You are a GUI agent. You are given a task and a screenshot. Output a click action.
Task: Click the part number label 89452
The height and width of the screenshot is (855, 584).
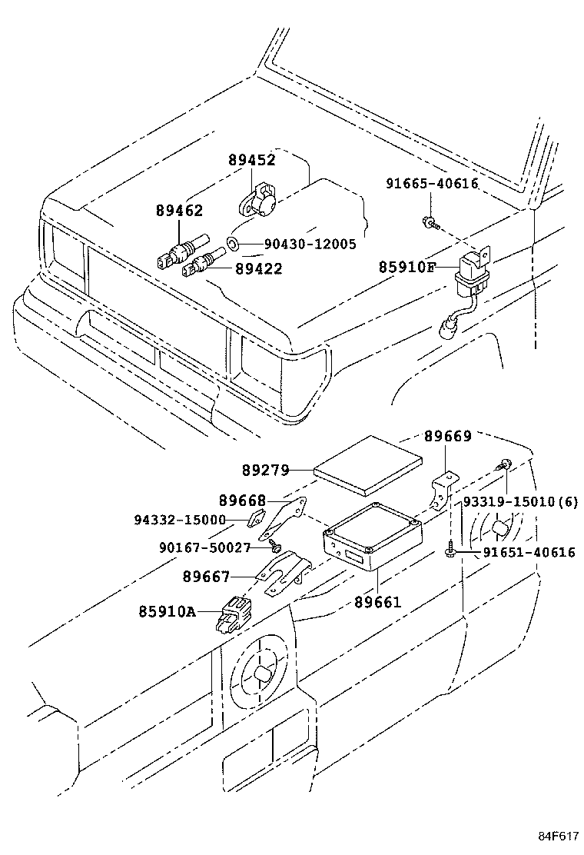pyautogui.click(x=251, y=161)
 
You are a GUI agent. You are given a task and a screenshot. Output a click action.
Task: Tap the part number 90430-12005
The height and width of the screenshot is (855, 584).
pyautogui.click(x=310, y=245)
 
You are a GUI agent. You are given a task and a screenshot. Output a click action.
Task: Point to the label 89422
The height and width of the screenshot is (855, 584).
pyautogui.click(x=258, y=268)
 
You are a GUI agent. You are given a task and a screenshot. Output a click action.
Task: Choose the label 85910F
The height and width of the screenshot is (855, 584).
pyautogui.click(x=407, y=267)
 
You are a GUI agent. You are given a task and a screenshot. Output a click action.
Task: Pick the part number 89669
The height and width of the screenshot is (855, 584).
pyautogui.click(x=448, y=436)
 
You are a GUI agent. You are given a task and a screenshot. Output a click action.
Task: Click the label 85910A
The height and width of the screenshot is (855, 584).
pyautogui.click(x=168, y=612)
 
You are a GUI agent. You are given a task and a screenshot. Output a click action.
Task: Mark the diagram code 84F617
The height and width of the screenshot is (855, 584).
pyautogui.click(x=558, y=837)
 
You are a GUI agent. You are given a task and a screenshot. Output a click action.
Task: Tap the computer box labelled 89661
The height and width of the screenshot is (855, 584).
pyautogui.click(x=373, y=536)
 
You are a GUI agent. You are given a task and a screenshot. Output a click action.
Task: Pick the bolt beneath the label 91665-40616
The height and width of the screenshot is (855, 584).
pyautogui.click(x=431, y=223)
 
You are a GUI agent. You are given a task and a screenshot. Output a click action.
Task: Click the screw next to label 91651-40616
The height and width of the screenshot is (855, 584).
pyautogui.click(x=451, y=551)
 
